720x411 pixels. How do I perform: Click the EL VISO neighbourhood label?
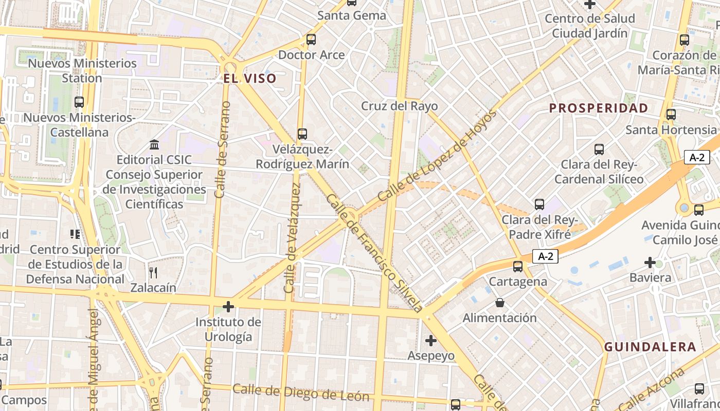[x=250, y=79]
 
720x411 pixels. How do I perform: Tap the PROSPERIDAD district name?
[x=598, y=108]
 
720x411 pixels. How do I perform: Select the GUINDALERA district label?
[x=650, y=347]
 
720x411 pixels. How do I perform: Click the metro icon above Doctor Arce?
[x=311, y=40]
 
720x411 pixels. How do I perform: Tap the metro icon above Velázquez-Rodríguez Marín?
[x=302, y=134]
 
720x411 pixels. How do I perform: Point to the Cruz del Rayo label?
[x=399, y=106]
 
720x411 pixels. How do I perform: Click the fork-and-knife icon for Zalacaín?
[x=153, y=272]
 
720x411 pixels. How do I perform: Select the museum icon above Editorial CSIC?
[x=154, y=144]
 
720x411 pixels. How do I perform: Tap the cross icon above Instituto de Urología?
[x=228, y=307]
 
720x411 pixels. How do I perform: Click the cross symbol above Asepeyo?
[x=431, y=341]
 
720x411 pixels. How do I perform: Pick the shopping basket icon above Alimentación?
[x=499, y=303]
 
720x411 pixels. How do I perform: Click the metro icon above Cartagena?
[x=518, y=267]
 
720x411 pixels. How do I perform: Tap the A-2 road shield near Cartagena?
[x=545, y=256]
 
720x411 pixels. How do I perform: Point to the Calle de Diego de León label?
[x=301, y=393]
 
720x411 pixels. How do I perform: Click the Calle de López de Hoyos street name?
[x=438, y=156]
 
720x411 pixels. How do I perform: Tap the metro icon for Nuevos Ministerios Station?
[x=79, y=102]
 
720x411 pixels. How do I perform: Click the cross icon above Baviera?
[x=650, y=263]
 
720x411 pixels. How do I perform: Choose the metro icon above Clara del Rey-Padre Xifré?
[x=539, y=204]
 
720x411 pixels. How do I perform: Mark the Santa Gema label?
[x=351, y=15]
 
